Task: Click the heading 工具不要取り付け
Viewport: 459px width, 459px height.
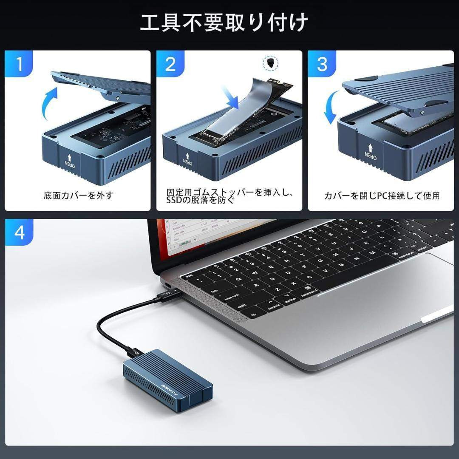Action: click(224, 23)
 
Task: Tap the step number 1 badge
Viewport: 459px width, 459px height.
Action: click(19, 64)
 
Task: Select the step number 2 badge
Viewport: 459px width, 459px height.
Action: click(170, 64)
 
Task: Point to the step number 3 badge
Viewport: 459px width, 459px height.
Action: click(322, 64)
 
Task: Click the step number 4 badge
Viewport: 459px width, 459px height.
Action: click(19, 233)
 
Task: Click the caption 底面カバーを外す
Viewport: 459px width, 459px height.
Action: click(78, 196)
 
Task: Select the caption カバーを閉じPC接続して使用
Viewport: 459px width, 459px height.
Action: click(382, 196)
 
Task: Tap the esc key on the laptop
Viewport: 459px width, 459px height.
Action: click(190, 276)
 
